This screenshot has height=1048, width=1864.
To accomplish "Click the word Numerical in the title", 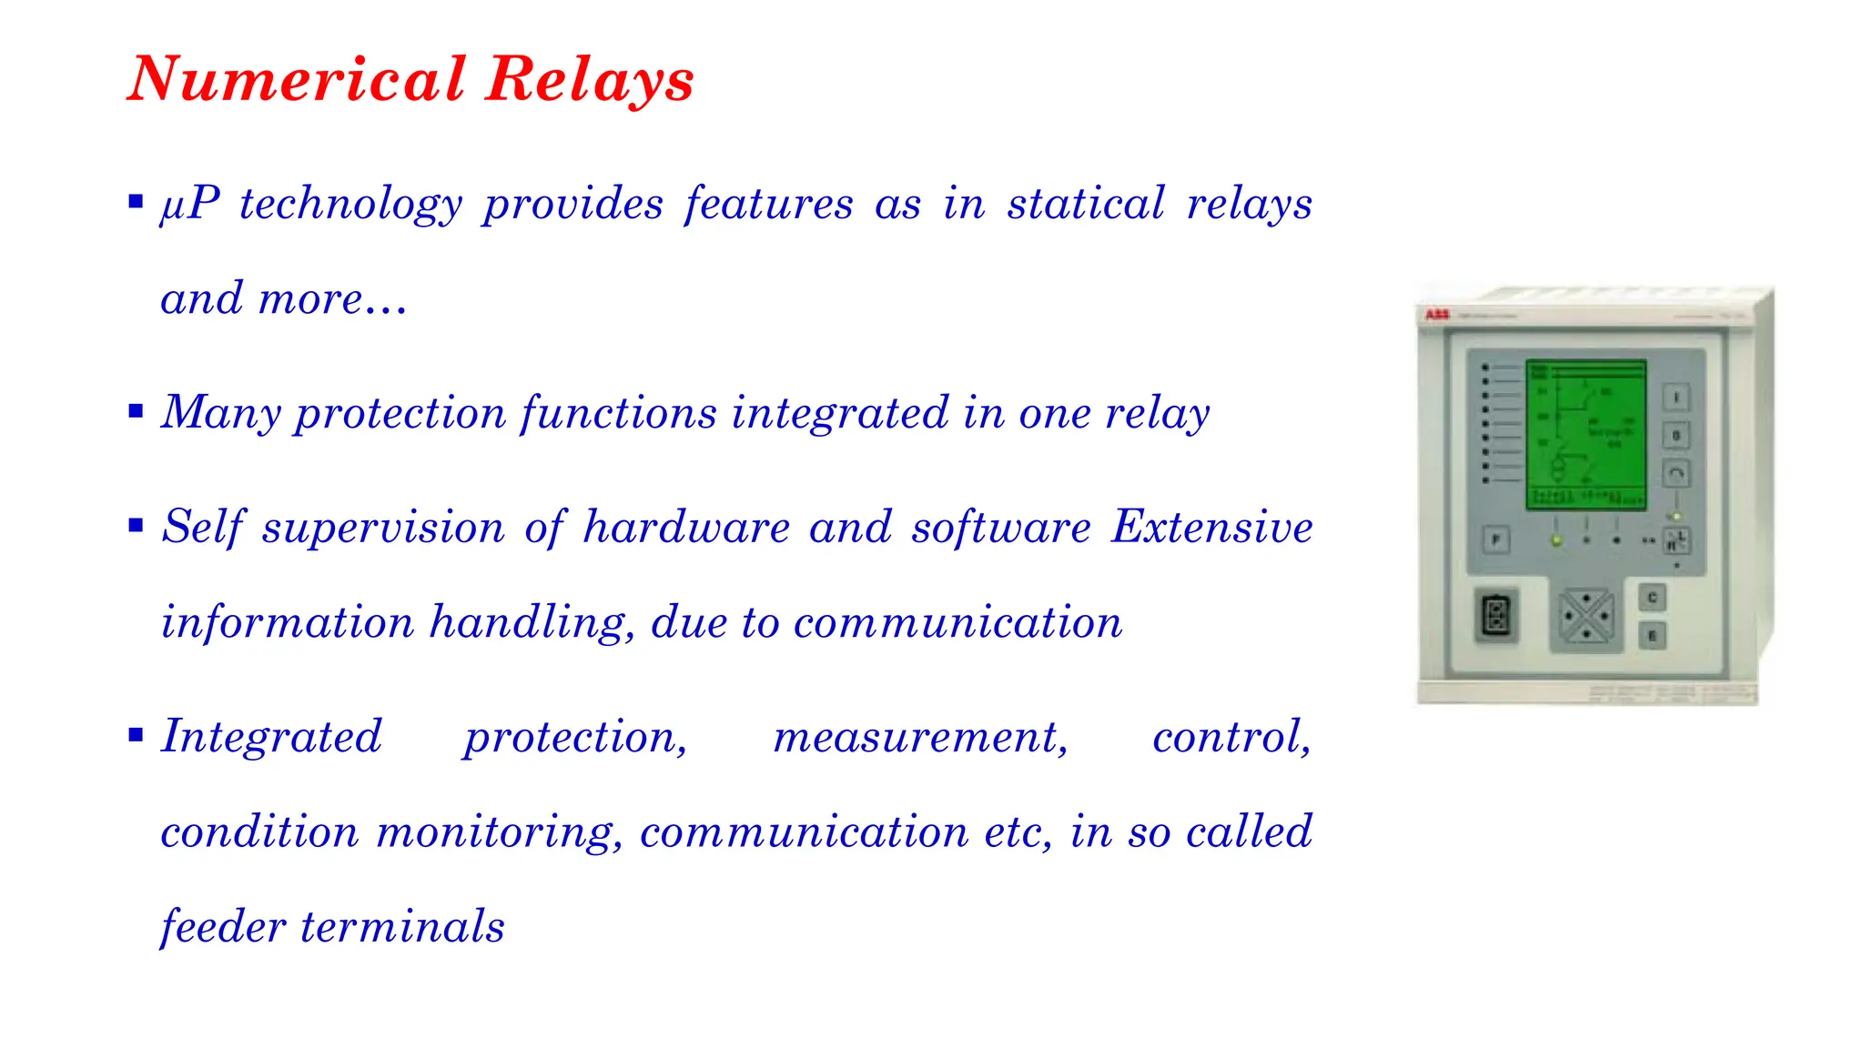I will (297, 79).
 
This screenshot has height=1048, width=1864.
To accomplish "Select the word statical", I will (1085, 203).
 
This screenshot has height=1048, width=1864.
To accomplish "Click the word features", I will (769, 203).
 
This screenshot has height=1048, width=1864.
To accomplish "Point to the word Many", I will (221, 414).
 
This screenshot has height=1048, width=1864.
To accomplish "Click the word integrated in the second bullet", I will (841, 414).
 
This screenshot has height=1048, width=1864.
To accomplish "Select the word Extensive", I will (1211, 527).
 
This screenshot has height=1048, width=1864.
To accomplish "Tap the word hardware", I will (686, 528).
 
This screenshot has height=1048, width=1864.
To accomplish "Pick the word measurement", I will (920, 737).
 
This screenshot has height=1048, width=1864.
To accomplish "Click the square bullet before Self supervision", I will (137, 526).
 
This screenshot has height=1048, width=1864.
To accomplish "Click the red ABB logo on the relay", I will (1436, 315).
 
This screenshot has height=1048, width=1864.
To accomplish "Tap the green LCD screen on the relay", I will (1585, 434).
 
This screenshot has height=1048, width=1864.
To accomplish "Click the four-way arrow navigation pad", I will (1585, 617).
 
